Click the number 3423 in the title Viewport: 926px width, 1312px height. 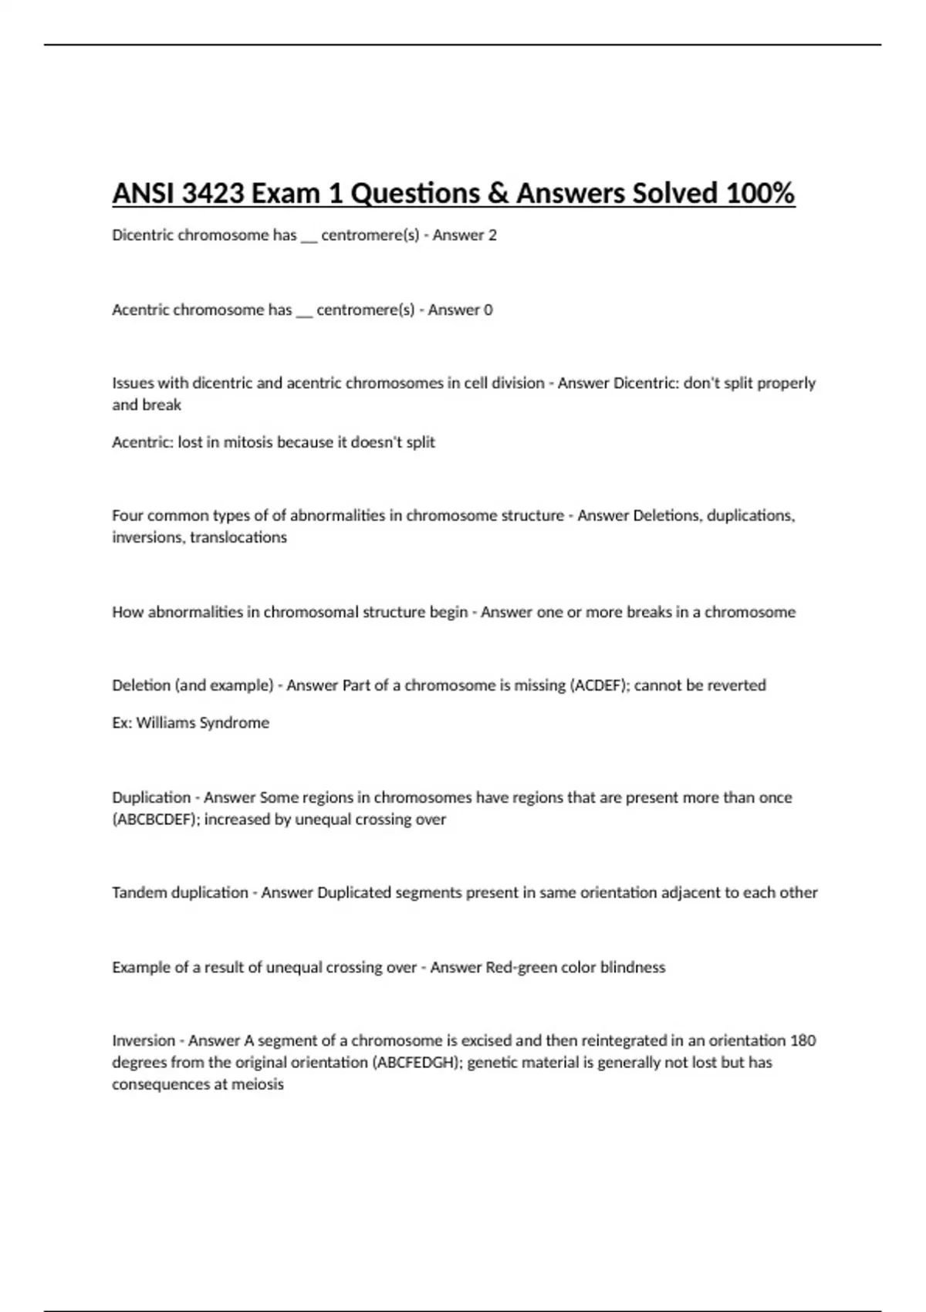pyautogui.click(x=212, y=193)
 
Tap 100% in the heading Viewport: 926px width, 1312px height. pyautogui.click(x=760, y=193)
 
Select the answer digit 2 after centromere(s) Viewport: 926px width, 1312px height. pyautogui.click(x=492, y=235)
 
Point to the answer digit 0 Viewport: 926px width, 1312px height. pyautogui.click(x=488, y=310)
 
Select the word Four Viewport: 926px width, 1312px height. pyautogui.click(x=127, y=516)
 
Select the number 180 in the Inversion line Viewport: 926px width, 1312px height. pyautogui.click(x=803, y=1041)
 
